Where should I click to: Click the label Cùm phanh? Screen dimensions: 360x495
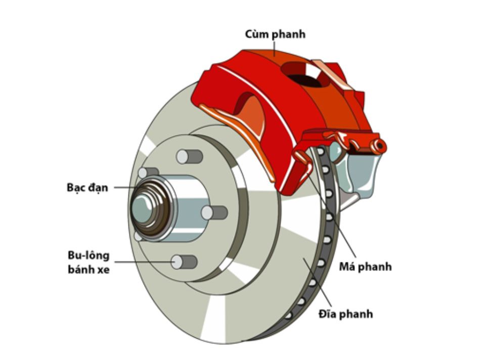coord(275,34)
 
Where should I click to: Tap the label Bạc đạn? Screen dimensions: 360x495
coord(87,187)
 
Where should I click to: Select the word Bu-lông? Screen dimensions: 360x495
coord(88,255)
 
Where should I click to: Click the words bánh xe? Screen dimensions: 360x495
coord(88,269)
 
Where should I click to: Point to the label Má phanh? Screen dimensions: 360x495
coord(365,266)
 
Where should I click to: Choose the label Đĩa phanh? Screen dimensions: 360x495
coord(345,314)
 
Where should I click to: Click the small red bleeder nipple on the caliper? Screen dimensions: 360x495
coord(379,146)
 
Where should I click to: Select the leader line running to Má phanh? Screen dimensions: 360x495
coord(334,217)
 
